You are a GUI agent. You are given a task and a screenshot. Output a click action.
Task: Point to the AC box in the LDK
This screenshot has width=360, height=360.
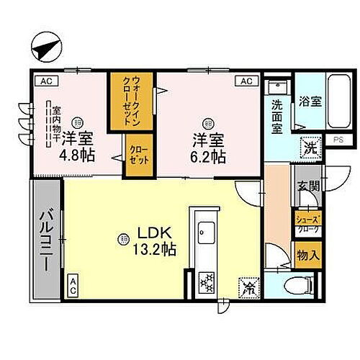click(x=73, y=286)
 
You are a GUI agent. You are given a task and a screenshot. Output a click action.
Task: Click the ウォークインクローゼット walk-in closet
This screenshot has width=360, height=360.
click(x=123, y=103)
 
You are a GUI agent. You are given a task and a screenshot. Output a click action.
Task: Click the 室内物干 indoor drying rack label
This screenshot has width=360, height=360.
click(x=53, y=124)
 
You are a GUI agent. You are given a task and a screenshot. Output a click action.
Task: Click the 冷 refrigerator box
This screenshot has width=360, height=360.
click(x=248, y=289)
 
